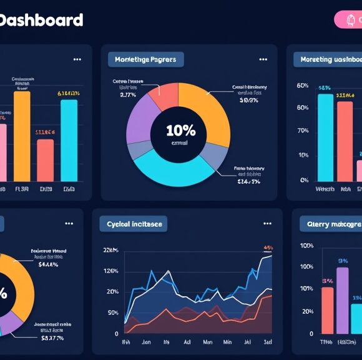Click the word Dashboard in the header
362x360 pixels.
[x=41, y=20]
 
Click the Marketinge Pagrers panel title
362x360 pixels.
[x=145, y=60]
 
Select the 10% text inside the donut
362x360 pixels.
[x=180, y=131]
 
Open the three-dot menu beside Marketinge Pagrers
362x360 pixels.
[x=263, y=60]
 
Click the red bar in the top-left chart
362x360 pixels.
[x=46, y=160]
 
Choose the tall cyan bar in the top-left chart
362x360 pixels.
[x=69, y=140]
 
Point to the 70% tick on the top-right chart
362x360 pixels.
[x=303, y=131]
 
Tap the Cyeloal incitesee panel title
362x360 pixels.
[x=134, y=224]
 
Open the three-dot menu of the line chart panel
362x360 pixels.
[x=268, y=224]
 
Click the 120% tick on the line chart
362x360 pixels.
[x=112, y=271]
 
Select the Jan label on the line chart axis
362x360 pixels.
[x=146, y=343]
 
